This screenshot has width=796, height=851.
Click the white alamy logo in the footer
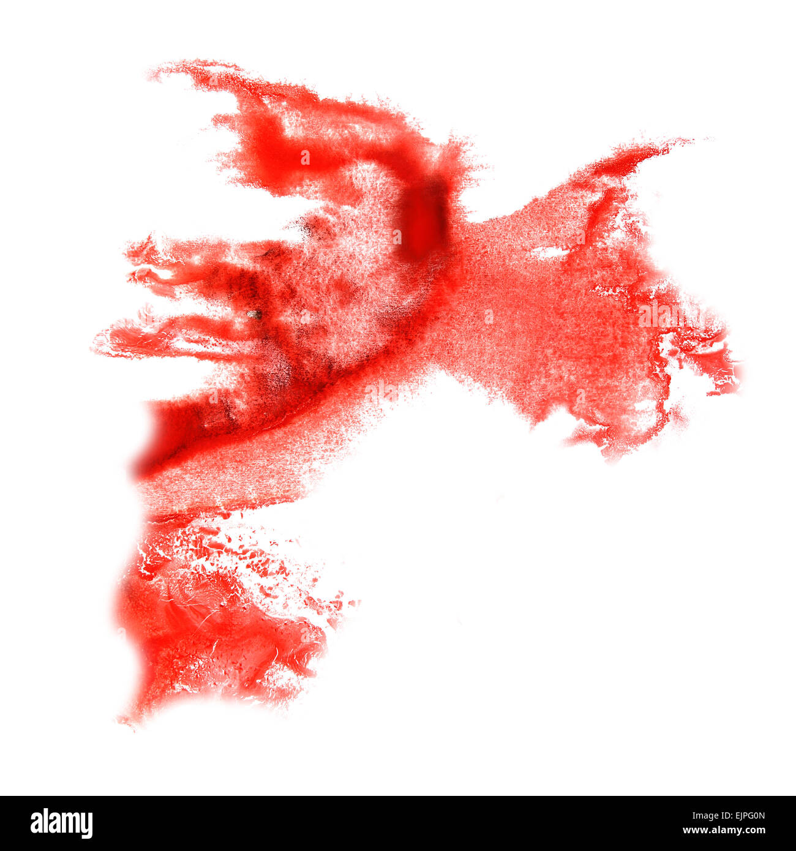61,823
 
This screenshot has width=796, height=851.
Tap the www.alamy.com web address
724,831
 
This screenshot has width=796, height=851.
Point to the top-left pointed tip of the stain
153,75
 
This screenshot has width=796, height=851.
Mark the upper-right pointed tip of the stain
689,141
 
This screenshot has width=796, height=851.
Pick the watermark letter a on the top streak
305,158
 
